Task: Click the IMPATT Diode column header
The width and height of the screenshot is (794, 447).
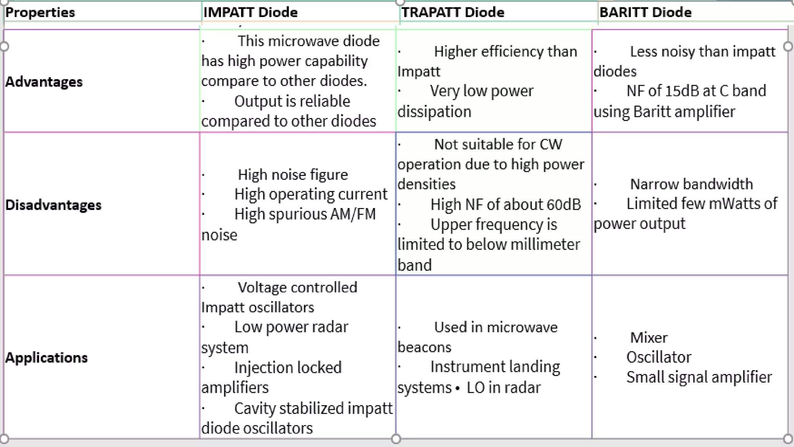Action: (x=250, y=12)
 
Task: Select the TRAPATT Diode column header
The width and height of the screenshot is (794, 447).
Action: (x=452, y=12)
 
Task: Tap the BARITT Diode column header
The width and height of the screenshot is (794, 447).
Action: (x=645, y=12)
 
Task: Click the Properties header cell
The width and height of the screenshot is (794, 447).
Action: (x=40, y=12)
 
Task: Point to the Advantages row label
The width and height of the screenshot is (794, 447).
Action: (x=44, y=82)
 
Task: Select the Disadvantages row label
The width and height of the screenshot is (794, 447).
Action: (x=53, y=205)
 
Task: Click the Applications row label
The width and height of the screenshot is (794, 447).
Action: (x=47, y=357)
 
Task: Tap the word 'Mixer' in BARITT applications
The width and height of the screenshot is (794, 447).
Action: (x=649, y=338)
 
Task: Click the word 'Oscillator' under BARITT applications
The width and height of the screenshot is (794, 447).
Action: (x=659, y=357)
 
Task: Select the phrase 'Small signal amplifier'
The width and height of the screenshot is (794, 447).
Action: (x=699, y=377)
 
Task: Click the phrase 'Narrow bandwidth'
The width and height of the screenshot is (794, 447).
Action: (x=691, y=184)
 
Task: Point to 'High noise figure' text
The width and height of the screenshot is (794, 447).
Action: (x=293, y=175)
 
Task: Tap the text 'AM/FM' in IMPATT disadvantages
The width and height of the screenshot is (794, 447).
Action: (x=353, y=214)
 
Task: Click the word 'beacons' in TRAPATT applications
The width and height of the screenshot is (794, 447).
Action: (x=424, y=347)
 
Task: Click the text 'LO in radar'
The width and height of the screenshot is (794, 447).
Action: (x=503, y=388)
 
